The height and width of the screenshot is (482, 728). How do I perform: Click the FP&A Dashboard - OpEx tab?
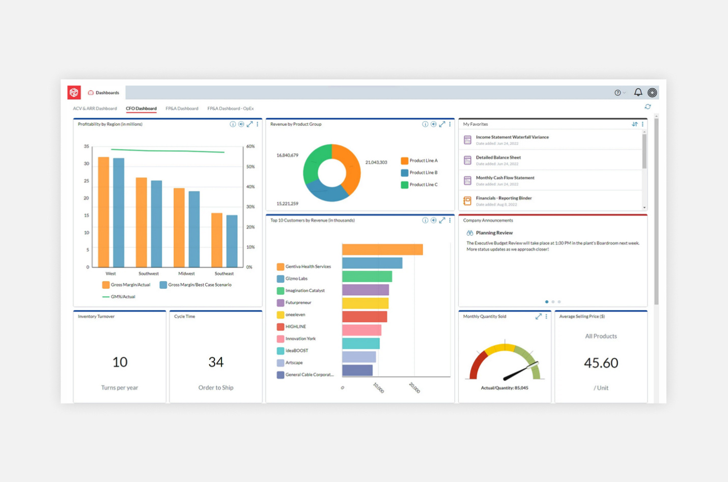(230, 108)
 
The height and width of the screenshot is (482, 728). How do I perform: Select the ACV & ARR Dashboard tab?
(95, 108)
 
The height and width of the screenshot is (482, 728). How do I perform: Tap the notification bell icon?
(638, 92)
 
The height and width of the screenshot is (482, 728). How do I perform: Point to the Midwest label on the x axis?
(186, 274)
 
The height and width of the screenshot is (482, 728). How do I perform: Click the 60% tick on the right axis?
(250, 147)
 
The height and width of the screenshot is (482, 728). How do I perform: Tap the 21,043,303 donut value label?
(376, 162)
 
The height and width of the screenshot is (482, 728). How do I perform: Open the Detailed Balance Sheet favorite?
(498, 158)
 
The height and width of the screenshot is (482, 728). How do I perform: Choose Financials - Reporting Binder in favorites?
(503, 198)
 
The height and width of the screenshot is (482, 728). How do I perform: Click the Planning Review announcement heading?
(494, 233)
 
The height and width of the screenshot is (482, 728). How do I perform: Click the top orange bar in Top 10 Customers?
(382, 249)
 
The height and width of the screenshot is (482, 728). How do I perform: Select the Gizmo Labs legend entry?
(296, 279)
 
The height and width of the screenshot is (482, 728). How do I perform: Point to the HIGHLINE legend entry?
(295, 327)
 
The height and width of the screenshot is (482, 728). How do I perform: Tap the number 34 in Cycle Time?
(216, 362)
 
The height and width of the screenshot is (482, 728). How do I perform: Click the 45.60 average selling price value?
(601, 363)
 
